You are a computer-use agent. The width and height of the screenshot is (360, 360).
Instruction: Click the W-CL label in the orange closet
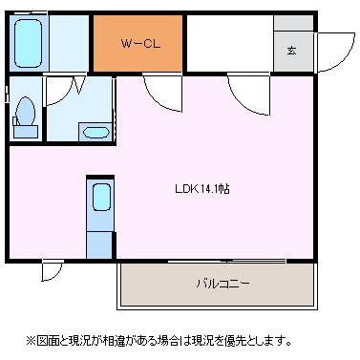(x=138, y=44)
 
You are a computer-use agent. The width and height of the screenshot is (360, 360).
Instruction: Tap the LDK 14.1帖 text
(x=201, y=189)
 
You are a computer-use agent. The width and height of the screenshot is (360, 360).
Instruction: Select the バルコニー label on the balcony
(x=222, y=284)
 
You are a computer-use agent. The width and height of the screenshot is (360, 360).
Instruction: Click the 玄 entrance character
(x=292, y=51)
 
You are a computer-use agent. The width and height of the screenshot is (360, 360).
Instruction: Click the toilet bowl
(x=26, y=116)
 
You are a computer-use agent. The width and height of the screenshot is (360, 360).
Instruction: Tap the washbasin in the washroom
(x=95, y=132)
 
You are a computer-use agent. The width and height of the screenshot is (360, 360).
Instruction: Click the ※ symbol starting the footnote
(x=30, y=339)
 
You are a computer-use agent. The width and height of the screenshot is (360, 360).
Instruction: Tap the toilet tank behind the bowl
(x=26, y=131)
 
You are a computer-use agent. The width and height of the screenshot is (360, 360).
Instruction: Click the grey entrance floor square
(x=292, y=51)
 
